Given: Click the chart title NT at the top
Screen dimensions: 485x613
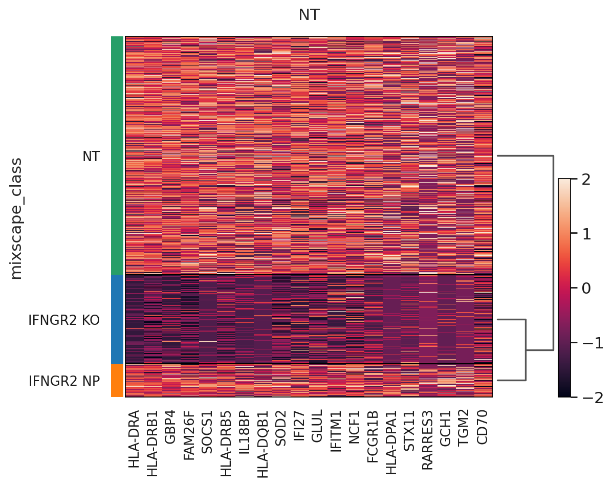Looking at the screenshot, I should click(x=309, y=15).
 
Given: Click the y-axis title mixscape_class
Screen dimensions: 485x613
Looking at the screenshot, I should click(x=17, y=218).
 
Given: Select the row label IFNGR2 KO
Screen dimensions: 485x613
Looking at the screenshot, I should click(x=64, y=320).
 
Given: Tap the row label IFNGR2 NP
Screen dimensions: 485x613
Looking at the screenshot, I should click(x=64, y=381).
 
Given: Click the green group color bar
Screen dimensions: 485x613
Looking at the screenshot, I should click(x=117, y=156).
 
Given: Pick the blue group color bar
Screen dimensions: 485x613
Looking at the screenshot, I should click(x=117, y=319).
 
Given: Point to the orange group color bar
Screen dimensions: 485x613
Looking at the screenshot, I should click(x=117, y=380).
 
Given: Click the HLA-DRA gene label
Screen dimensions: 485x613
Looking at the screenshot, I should click(x=135, y=438).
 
